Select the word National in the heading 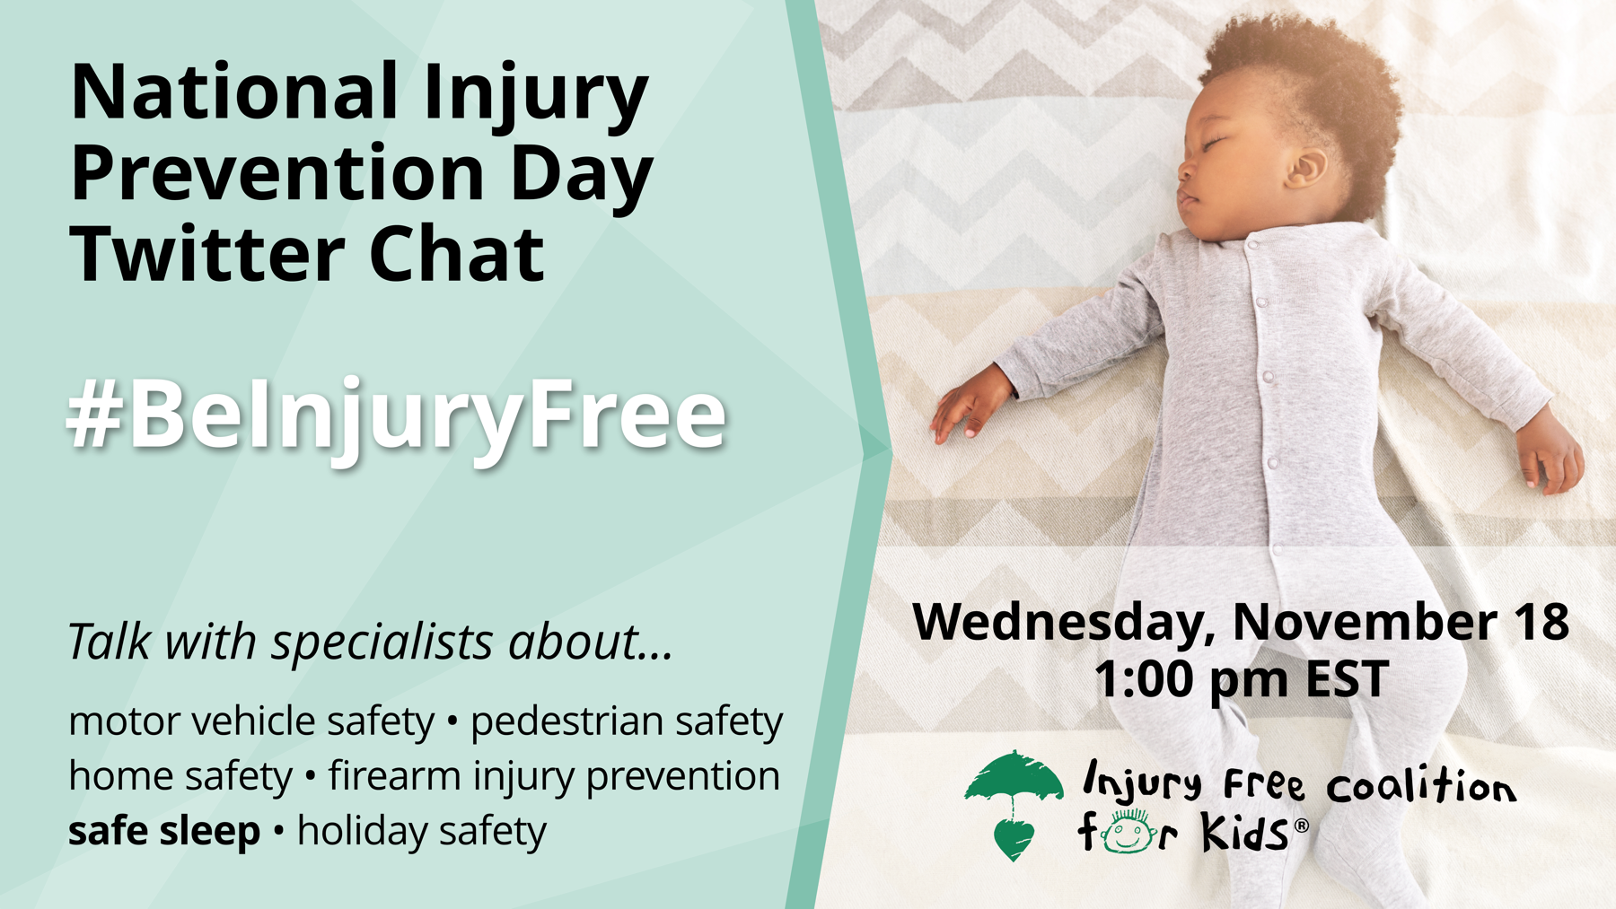(x=234, y=92)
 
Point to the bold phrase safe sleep (x=164, y=831)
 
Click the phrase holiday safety (x=422, y=831)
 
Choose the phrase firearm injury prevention (x=554, y=776)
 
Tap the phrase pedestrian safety (x=627, y=721)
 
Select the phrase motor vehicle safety (x=251, y=721)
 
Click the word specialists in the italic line (x=383, y=643)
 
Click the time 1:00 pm (x=1193, y=679)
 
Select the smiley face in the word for (x=1129, y=834)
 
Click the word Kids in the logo (x=1245, y=834)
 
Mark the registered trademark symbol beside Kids (x=1301, y=826)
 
